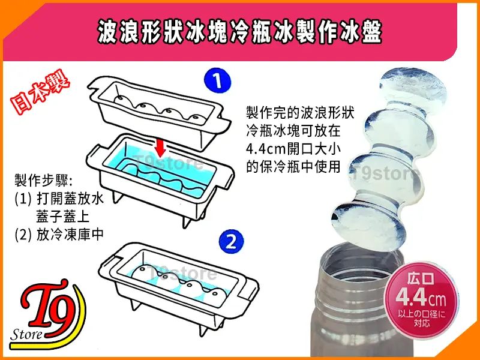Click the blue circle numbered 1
(x=217, y=81)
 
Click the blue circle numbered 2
(x=231, y=242)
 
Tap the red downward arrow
(x=160, y=146)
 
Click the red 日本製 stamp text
(x=40, y=92)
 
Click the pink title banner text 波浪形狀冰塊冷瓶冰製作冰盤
(x=239, y=32)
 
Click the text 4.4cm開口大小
(x=293, y=149)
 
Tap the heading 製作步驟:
(x=43, y=180)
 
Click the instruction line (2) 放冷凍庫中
(x=59, y=235)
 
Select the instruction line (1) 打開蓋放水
(x=59, y=199)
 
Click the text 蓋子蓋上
(x=62, y=217)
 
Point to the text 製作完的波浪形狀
(x=300, y=113)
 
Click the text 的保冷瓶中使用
(x=293, y=167)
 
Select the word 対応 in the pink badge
(x=422, y=322)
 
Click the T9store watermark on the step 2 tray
(x=182, y=273)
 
